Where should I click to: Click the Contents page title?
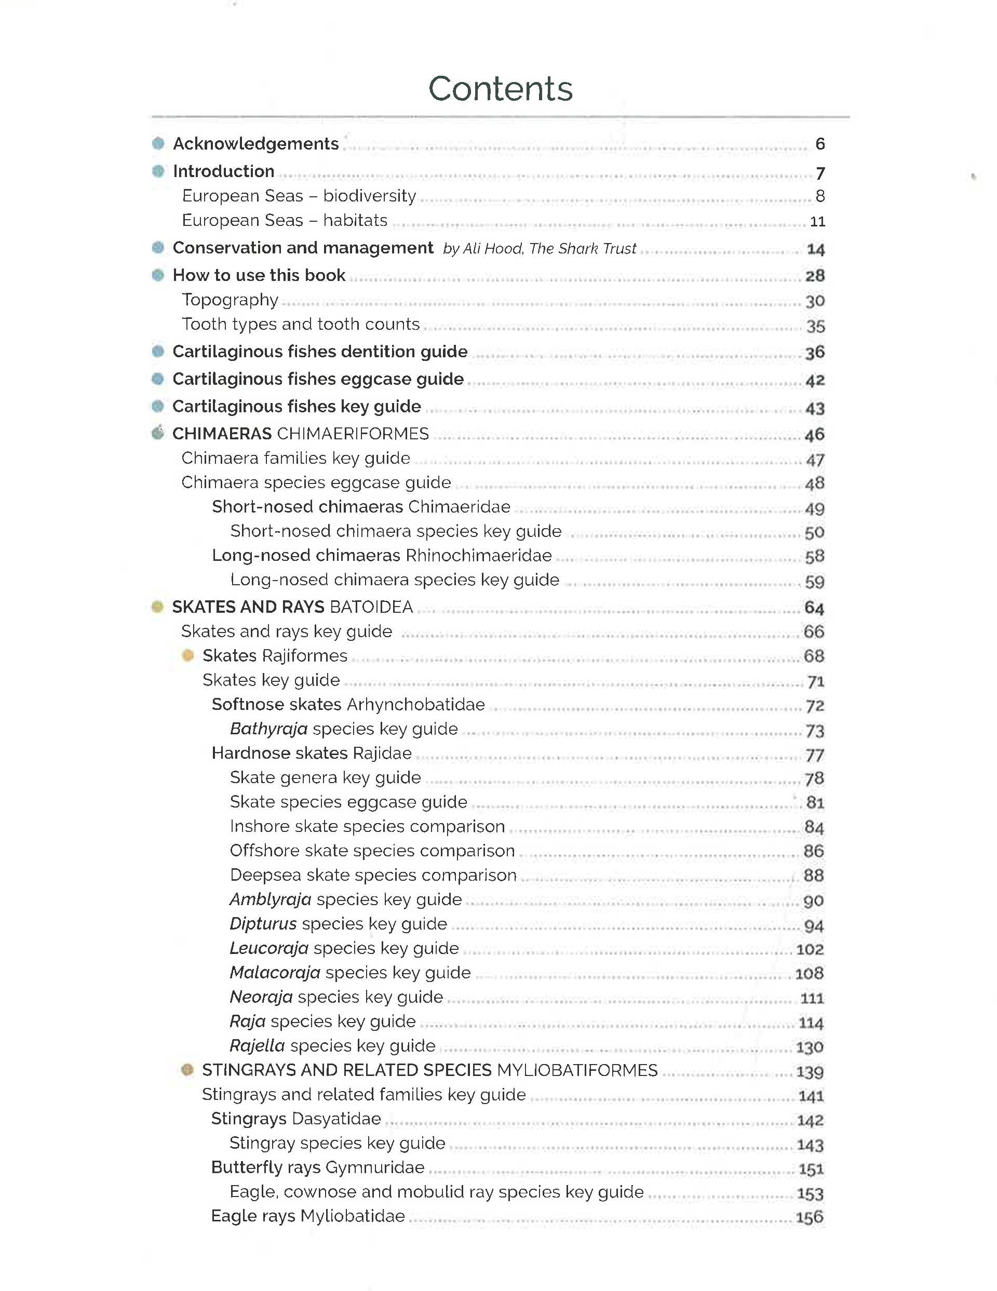(x=500, y=89)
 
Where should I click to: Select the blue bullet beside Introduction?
(x=158, y=171)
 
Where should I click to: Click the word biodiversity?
(x=369, y=196)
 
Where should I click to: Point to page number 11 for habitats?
(x=817, y=222)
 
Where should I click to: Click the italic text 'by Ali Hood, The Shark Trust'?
(x=540, y=249)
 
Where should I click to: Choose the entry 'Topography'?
(x=230, y=300)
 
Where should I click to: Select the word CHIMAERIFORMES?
(x=353, y=434)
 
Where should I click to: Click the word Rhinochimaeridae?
(x=478, y=556)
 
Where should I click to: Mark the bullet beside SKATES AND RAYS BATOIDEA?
(x=157, y=607)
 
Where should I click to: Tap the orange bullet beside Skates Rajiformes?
(x=188, y=655)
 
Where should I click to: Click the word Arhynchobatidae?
(x=415, y=705)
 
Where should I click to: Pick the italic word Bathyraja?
(x=268, y=729)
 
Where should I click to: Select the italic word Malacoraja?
(x=275, y=972)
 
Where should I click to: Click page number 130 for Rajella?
(x=810, y=1047)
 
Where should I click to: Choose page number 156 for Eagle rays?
(x=810, y=1217)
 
